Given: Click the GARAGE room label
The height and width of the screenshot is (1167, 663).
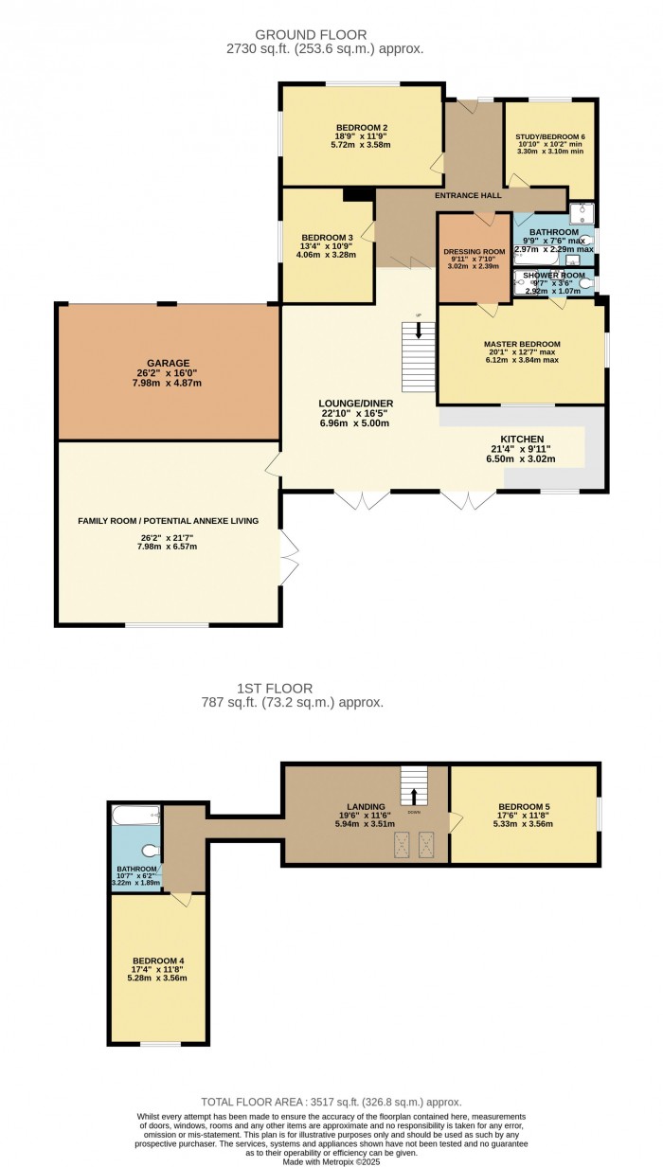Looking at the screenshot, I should click(168, 363).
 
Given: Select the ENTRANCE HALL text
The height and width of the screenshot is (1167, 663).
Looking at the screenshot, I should click(468, 195).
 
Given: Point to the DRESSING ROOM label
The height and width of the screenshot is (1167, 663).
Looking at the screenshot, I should click(474, 252).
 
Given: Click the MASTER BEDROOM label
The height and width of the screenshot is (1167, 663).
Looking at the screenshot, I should click(522, 344).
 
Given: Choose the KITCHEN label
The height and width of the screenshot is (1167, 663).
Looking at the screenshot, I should click(521, 440).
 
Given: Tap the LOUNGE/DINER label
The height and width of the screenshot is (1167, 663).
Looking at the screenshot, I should click(355, 403).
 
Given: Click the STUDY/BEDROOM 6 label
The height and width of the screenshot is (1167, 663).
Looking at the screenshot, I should click(549, 137).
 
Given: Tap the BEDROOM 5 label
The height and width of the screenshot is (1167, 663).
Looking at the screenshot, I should click(524, 807).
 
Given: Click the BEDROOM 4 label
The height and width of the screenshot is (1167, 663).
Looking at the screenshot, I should click(157, 961).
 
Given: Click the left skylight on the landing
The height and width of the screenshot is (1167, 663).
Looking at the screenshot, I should click(403, 842).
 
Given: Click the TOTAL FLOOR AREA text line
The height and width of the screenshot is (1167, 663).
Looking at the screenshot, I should click(331, 1102).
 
